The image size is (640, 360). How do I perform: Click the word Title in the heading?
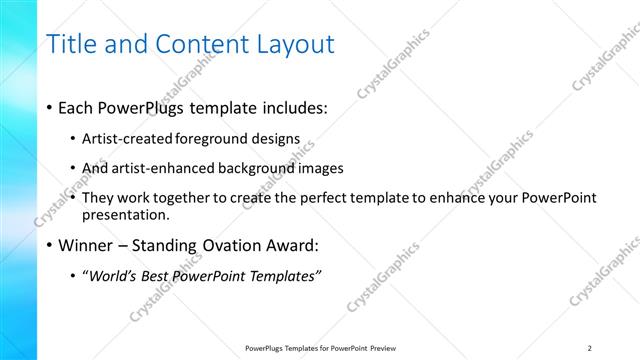click(x=70, y=44)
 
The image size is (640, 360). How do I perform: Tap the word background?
click(x=263, y=168)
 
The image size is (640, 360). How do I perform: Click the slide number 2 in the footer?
click(x=590, y=348)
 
